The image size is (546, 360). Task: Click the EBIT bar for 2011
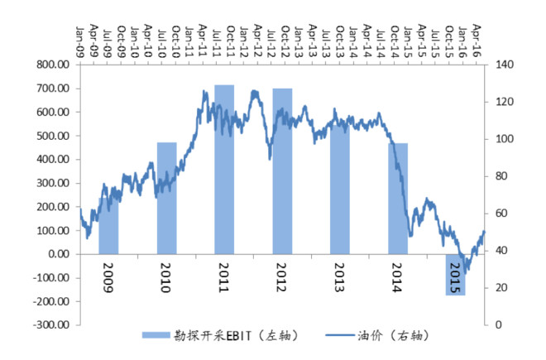224,170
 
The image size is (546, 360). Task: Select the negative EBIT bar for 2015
456,275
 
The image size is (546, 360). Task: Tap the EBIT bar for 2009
108,226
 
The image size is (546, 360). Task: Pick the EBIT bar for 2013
340,190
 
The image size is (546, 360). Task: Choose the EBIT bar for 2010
167,199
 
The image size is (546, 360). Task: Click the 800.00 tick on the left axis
53,65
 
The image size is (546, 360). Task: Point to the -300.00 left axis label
51,324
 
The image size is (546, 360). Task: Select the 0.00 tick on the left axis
59,254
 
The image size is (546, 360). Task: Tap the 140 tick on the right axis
505,65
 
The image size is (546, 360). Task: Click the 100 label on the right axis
505,139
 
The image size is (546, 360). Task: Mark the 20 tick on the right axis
501,288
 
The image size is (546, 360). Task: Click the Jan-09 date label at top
80,42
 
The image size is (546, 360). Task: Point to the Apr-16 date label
477,41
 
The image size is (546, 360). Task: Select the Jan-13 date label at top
299,42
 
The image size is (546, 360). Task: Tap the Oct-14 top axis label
395,42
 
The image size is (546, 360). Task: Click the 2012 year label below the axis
281,277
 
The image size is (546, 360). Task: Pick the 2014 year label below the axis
397,277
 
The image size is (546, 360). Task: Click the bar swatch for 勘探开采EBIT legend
156,335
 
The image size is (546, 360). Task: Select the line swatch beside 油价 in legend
340,335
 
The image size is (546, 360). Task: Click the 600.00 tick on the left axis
53,112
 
